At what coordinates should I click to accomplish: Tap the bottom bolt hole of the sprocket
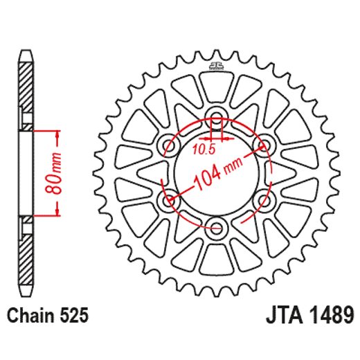click(x=216, y=227)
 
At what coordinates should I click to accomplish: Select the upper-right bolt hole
click(x=263, y=144)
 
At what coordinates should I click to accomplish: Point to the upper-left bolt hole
click(x=168, y=144)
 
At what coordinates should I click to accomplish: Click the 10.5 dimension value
click(x=204, y=149)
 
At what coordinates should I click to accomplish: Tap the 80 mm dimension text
click(x=58, y=173)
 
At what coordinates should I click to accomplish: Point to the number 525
click(x=72, y=316)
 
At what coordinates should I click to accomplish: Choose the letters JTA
click(x=285, y=316)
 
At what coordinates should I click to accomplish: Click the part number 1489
click(x=331, y=316)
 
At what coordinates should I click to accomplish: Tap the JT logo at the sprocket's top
click(x=216, y=67)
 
